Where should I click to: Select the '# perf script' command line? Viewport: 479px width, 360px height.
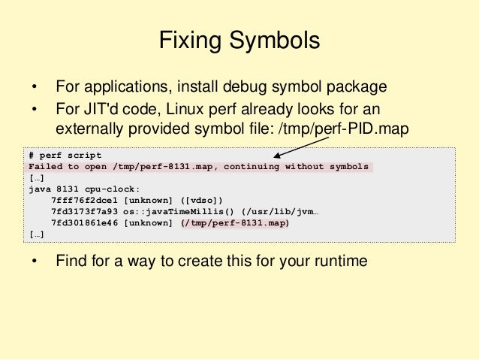pos(64,155)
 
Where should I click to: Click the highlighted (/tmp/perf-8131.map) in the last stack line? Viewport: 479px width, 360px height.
pos(235,223)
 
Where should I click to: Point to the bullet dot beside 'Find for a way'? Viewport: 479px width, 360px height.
pos(33,262)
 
